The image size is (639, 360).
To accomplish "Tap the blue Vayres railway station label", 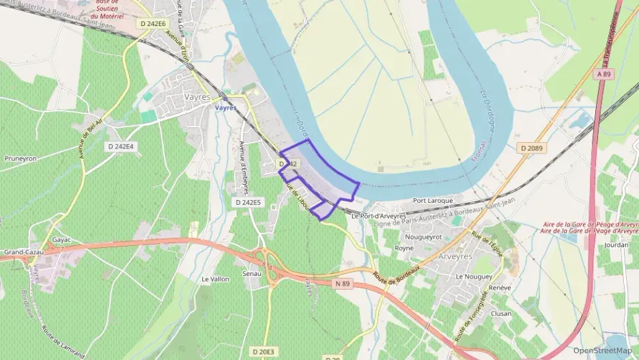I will (225, 108).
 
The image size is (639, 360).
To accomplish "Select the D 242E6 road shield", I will (152, 23).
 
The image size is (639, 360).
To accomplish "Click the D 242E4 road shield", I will (121, 147).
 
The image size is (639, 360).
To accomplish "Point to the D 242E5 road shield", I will (248, 202).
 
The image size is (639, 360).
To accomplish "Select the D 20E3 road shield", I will (262, 351).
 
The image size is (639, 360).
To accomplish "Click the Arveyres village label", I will (457, 257).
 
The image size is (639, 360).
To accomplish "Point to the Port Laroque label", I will (433, 202).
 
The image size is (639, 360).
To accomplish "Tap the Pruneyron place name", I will (20, 158).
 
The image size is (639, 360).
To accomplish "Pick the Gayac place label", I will (61, 240).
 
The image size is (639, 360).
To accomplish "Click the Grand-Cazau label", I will (23, 252).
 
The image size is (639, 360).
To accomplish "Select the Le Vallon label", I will (215, 279).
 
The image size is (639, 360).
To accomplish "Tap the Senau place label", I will (252, 273).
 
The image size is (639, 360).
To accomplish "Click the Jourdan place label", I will (616, 245).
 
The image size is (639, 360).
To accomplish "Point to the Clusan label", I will (501, 314).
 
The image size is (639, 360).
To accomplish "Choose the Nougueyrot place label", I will (423, 237).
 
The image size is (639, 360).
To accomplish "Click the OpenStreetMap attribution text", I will (602, 350).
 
